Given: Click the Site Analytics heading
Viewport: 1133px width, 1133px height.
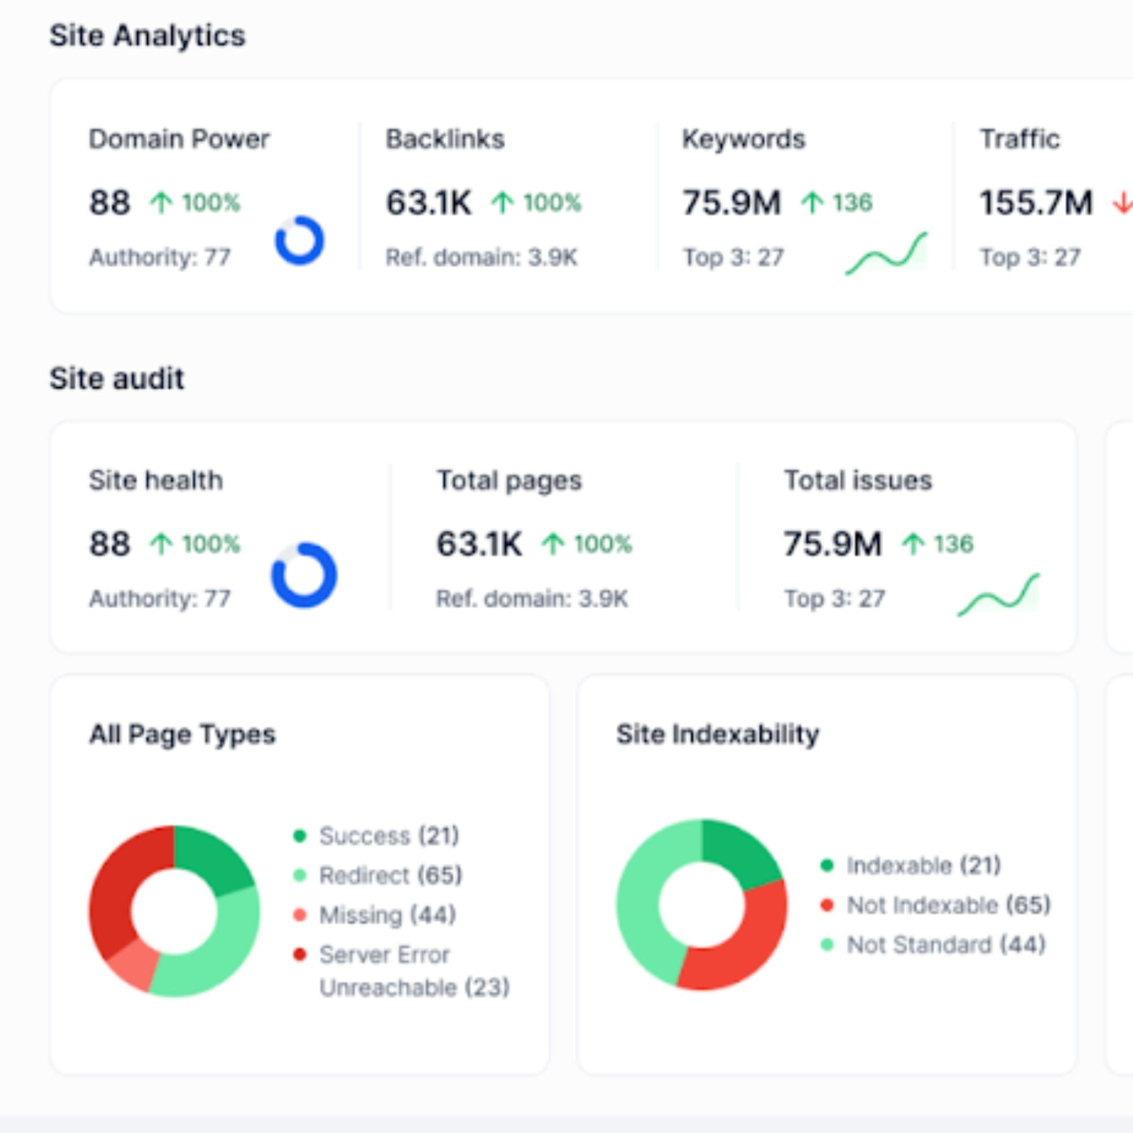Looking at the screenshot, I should [x=147, y=36].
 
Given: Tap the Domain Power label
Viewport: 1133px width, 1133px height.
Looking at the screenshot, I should [x=179, y=139].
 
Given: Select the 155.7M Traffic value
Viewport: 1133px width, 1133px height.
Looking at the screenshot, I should [x=1036, y=203].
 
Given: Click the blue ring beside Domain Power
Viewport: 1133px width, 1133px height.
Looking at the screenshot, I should [x=300, y=240].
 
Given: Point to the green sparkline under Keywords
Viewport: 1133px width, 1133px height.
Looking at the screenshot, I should [x=886, y=254].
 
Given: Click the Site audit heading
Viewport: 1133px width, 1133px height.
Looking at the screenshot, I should [x=117, y=378].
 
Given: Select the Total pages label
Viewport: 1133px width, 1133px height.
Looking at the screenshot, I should [x=509, y=481].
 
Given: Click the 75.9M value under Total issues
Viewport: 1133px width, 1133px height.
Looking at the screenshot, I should [x=832, y=544].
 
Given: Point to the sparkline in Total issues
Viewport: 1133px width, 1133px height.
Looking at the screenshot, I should [x=998, y=596].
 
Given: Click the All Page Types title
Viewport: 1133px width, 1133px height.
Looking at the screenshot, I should [x=182, y=734].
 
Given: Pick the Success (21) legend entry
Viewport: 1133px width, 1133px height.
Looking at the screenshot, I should [x=388, y=836].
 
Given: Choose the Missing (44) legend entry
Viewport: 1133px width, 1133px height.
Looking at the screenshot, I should [x=387, y=915].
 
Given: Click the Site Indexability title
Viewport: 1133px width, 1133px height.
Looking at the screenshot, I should [x=717, y=734].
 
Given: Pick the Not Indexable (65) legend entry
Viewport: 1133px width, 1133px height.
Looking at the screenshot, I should [x=948, y=905].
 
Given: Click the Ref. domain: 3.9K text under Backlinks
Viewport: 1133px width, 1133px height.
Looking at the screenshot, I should [x=482, y=257].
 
